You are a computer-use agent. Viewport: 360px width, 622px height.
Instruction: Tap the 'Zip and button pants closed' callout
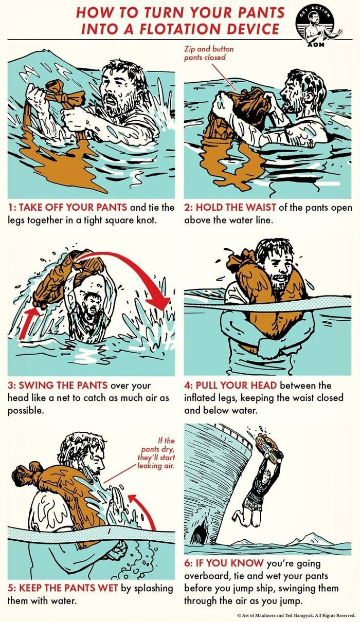point(209,53)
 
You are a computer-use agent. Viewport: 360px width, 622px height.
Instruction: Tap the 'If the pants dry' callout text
point(157,453)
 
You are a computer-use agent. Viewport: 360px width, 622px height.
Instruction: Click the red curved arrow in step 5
point(146,511)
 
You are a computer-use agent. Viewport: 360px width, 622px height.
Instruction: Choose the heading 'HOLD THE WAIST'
point(236,208)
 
